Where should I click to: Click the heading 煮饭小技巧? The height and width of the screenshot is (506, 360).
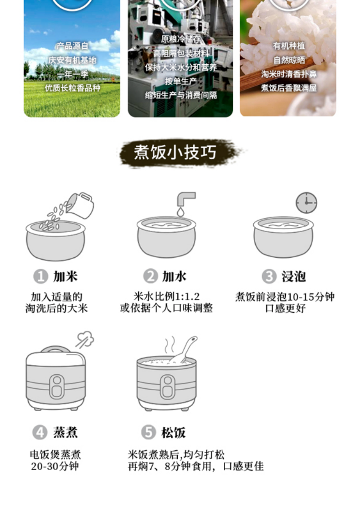pos(175,152)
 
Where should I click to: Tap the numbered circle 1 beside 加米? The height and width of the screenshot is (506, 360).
pos(41,276)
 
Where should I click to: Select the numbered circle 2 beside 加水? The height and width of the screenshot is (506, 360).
pos(150,276)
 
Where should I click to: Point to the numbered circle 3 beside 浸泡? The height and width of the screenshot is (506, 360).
pos(269,276)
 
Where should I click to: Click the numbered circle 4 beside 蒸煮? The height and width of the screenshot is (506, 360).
pos(40,432)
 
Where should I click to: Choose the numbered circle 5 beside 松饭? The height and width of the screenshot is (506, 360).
pos(149,432)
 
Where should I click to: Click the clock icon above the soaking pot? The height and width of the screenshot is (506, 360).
pos(306,203)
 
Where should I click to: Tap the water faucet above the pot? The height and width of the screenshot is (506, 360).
pos(185,199)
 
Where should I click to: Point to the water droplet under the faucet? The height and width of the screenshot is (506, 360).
pos(180,212)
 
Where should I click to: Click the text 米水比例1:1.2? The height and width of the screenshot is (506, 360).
pos(167,296)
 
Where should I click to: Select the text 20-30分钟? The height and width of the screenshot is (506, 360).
pos(55,466)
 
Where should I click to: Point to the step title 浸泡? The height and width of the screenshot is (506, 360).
pos(293,276)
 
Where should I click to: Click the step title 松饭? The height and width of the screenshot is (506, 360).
pos(173,432)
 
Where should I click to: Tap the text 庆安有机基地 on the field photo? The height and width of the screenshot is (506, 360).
pos(72,60)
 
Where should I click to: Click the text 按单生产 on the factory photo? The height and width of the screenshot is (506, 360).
pos(181,82)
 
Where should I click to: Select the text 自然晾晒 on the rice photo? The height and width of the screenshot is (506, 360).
pos(289,60)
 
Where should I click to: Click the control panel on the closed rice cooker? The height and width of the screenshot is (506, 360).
pos(57,386)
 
